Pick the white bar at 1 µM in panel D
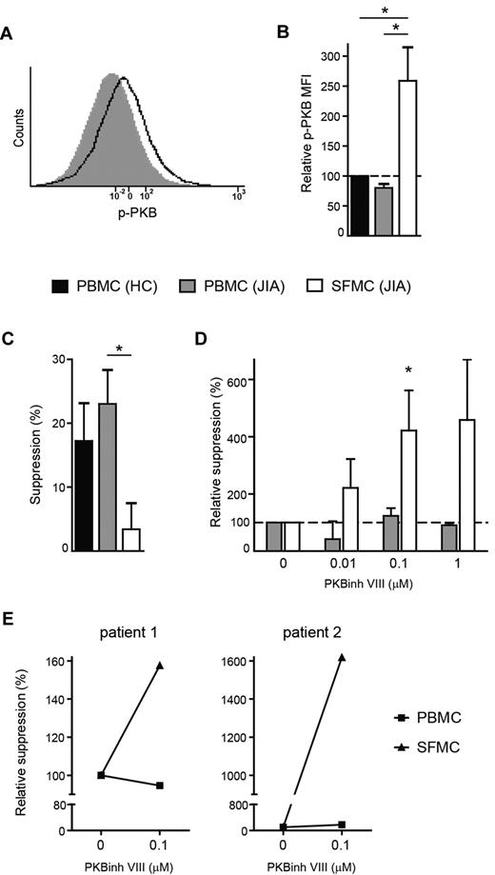(x=466, y=485)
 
